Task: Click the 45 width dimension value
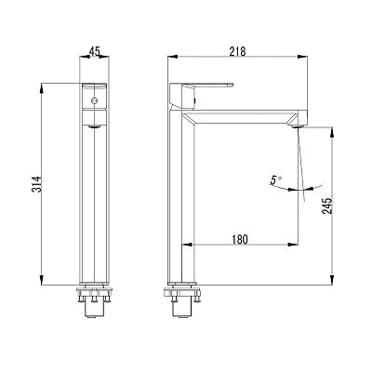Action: coord(94,51)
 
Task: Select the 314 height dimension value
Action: coord(37,184)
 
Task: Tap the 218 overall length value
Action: coord(237,51)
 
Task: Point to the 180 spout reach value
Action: coord(240,239)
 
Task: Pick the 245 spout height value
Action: coord(326,206)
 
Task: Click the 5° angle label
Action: coord(275,180)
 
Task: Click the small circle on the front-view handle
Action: coord(94,100)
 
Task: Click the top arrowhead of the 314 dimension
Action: coord(41,87)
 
